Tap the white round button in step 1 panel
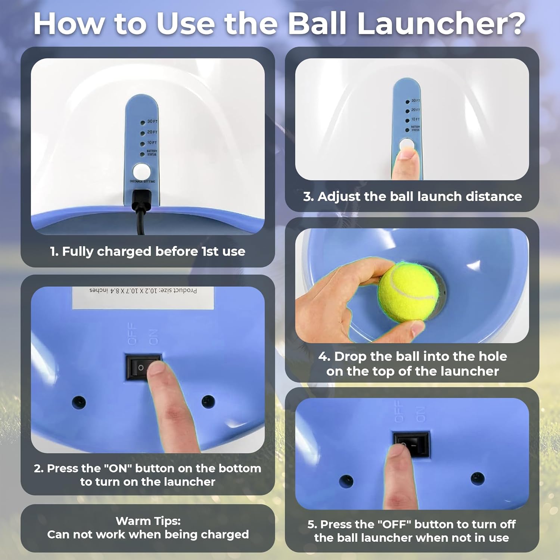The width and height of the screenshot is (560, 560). pos(142,172)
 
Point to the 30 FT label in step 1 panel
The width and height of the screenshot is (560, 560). pos(152,121)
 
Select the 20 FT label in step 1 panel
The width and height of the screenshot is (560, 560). pos(152,132)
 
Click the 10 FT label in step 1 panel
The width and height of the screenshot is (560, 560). pos(152,143)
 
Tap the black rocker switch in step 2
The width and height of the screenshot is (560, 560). pos(143,367)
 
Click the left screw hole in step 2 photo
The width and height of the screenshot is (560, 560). pos(79,402)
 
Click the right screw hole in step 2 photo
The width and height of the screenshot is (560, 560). pos(208,401)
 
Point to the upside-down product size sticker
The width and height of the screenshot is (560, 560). pos(143,298)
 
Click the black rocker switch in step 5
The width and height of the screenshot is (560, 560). pos(411,444)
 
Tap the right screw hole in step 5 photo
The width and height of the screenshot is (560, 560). pos(477,478)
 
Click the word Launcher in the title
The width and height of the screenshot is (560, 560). pos(441,24)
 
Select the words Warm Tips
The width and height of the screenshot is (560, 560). pos(148,521)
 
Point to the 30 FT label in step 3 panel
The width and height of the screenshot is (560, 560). pos(416,101)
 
